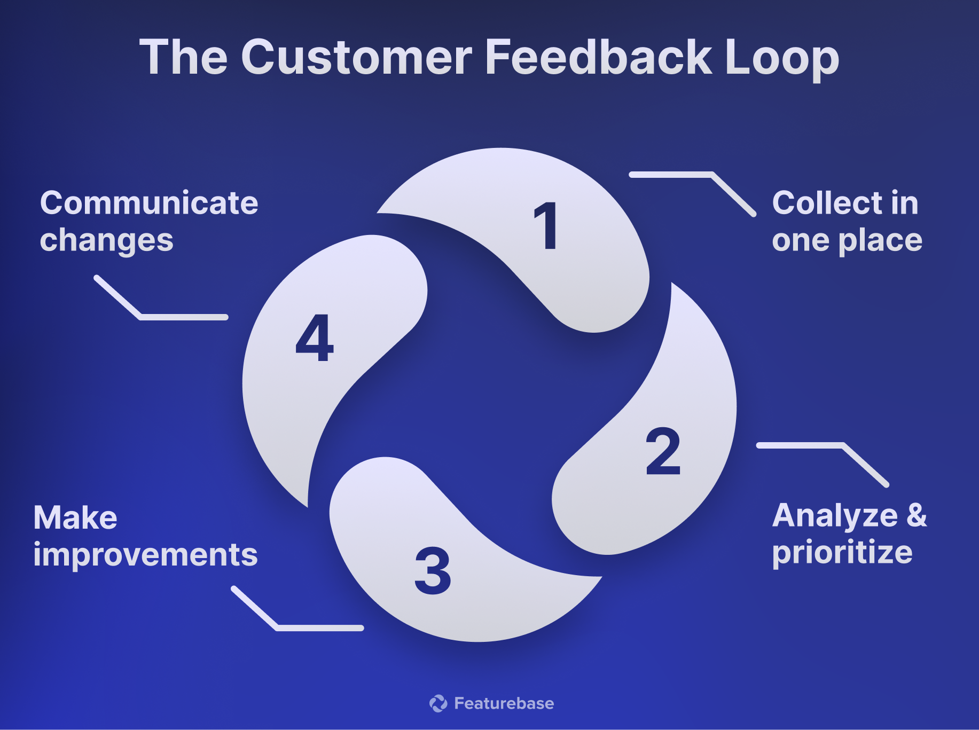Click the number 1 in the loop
point(546,226)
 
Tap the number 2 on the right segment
point(663,451)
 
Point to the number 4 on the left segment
point(315,337)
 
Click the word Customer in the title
point(356,58)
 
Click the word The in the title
point(183,58)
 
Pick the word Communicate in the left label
point(149,203)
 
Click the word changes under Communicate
point(106,241)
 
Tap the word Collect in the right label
point(827,203)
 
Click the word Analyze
point(835,516)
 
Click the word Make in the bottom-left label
point(75,518)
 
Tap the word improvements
point(145,555)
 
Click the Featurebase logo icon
point(438,703)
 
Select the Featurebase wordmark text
point(504,703)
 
